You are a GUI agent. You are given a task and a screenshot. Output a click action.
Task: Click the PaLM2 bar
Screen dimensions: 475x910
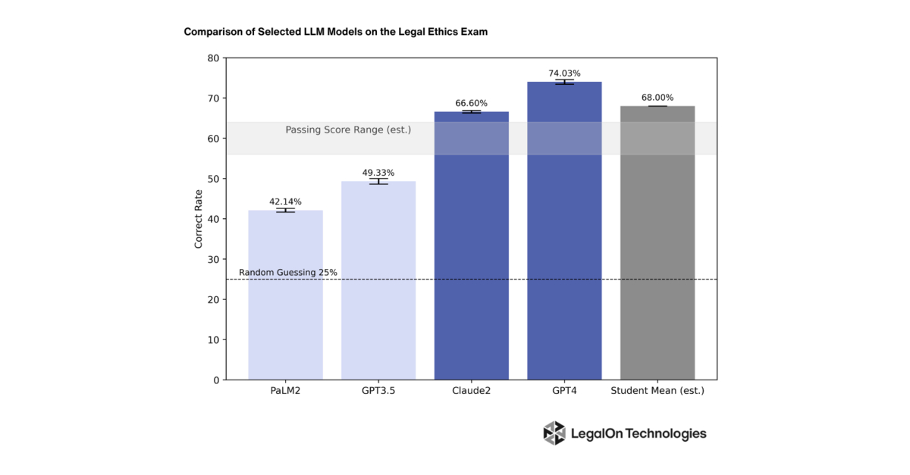point(285,295)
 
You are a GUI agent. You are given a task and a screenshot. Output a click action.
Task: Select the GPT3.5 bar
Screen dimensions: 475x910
point(378,280)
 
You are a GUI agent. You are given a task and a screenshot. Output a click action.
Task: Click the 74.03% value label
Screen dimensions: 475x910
point(564,73)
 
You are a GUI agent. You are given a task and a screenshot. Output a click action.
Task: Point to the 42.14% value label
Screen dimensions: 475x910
point(285,202)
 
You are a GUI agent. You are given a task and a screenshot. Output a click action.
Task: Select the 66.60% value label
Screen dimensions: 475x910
point(472,103)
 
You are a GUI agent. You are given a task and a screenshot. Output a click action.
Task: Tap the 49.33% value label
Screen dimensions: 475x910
point(378,173)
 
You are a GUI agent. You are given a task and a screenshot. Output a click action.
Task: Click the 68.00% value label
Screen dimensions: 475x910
point(657,98)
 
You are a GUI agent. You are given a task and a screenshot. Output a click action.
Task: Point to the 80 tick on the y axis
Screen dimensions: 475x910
point(213,58)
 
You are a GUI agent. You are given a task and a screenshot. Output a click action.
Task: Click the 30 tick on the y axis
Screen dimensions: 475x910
point(213,259)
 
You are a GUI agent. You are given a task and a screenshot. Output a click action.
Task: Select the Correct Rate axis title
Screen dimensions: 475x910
point(199,219)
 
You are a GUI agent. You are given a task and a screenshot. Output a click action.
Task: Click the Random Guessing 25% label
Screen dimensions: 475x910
point(287,272)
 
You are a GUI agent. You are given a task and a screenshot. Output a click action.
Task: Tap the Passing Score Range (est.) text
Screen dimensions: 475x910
point(348,130)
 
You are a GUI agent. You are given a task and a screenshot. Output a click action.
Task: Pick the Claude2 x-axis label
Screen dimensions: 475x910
point(472,391)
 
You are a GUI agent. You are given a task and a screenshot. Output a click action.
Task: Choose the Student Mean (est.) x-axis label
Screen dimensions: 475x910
point(657,391)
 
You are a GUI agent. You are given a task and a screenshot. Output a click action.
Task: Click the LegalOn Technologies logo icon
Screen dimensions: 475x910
point(554,433)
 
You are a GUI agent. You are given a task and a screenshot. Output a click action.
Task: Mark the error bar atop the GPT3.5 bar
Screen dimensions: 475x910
point(378,181)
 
